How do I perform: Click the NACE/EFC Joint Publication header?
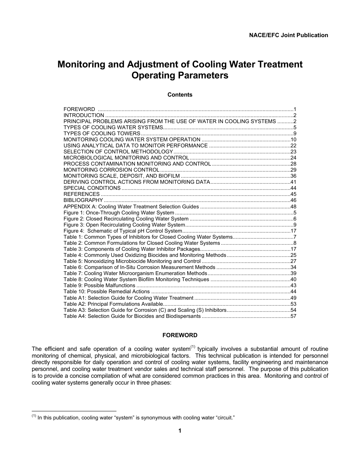(288, 35)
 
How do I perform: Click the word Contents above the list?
(180, 95)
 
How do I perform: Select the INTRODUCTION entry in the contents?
(84, 115)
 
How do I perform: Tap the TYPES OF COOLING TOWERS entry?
(102, 133)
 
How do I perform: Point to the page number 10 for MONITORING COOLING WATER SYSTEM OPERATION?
(293, 139)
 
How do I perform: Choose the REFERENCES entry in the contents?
(81, 194)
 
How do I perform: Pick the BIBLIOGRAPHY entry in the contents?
(83, 200)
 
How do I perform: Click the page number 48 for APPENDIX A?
(293, 206)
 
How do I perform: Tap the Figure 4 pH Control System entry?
(123, 231)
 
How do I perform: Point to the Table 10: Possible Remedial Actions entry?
(106, 291)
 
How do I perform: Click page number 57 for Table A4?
(293, 316)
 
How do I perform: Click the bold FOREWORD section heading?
(180, 335)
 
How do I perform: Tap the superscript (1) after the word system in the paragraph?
(193, 347)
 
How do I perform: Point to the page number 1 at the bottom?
(180, 431)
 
